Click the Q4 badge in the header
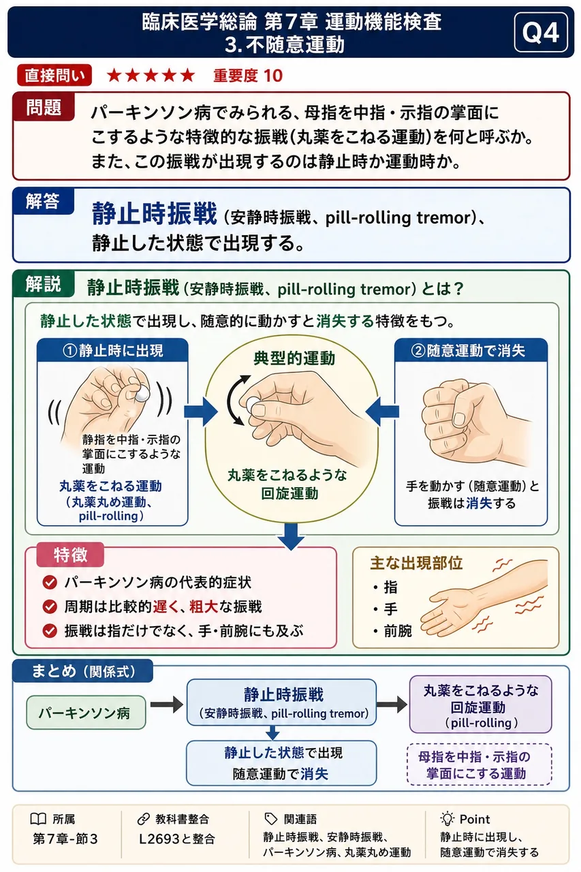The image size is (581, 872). tap(541, 32)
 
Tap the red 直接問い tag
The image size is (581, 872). tap(54, 75)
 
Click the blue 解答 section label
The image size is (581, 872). tap(43, 201)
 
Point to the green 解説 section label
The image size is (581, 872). tap(43, 284)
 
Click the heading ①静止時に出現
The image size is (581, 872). tap(112, 351)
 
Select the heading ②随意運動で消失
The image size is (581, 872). tap(471, 351)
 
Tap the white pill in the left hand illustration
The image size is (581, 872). tap(142, 394)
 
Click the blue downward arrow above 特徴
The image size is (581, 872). tap(292, 536)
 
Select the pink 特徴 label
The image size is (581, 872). tap(70, 555)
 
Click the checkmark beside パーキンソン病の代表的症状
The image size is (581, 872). tap(50, 582)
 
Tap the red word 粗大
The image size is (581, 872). tap(204, 606)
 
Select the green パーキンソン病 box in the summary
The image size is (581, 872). tap(86, 713)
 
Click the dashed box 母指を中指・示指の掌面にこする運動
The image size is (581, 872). tap(480, 765)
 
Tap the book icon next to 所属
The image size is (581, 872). tap(38, 820)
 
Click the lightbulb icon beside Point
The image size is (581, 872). tap(447, 819)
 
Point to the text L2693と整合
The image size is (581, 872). tap(177, 839)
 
